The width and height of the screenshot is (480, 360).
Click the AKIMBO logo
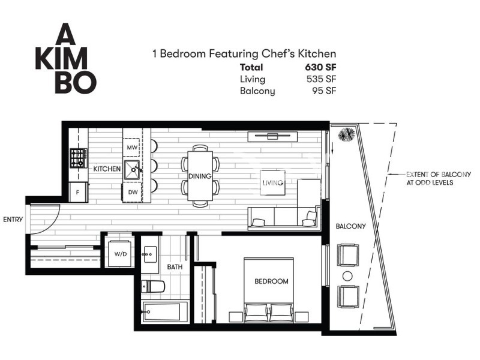pyautogui.click(x=66, y=58)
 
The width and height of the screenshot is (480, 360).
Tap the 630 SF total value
pyautogui.click(x=320, y=67)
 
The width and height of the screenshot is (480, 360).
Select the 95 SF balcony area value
pyautogui.click(x=324, y=91)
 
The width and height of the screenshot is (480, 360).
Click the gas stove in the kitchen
pyautogui.click(x=79, y=158)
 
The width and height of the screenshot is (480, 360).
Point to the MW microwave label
pyautogui.click(x=132, y=148)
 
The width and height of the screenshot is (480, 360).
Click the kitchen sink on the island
pyautogui.click(x=132, y=170)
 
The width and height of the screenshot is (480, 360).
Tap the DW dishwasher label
pyautogui.click(x=133, y=192)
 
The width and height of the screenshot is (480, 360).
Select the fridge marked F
pyautogui.click(x=79, y=192)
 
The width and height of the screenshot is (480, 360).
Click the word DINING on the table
pyautogui.click(x=200, y=176)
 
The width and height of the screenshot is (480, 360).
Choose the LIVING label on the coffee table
pyautogui.click(x=272, y=183)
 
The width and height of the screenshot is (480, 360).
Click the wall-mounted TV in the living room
pyautogui.click(x=272, y=137)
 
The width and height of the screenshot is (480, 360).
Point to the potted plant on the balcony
pyautogui.click(x=347, y=134)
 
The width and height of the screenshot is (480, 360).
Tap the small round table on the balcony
pyautogui.click(x=347, y=276)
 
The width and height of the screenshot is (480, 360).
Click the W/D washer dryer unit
pyautogui.click(x=121, y=254)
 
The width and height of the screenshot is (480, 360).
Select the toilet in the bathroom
pyautogui.click(x=152, y=287)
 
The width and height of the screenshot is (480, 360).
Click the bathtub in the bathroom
pyautogui.click(x=161, y=312)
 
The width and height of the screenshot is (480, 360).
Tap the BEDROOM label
pyautogui.click(x=271, y=281)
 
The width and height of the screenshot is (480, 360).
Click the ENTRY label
pyautogui.click(x=13, y=220)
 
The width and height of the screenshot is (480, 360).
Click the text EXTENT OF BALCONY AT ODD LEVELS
pyautogui.click(x=439, y=178)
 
